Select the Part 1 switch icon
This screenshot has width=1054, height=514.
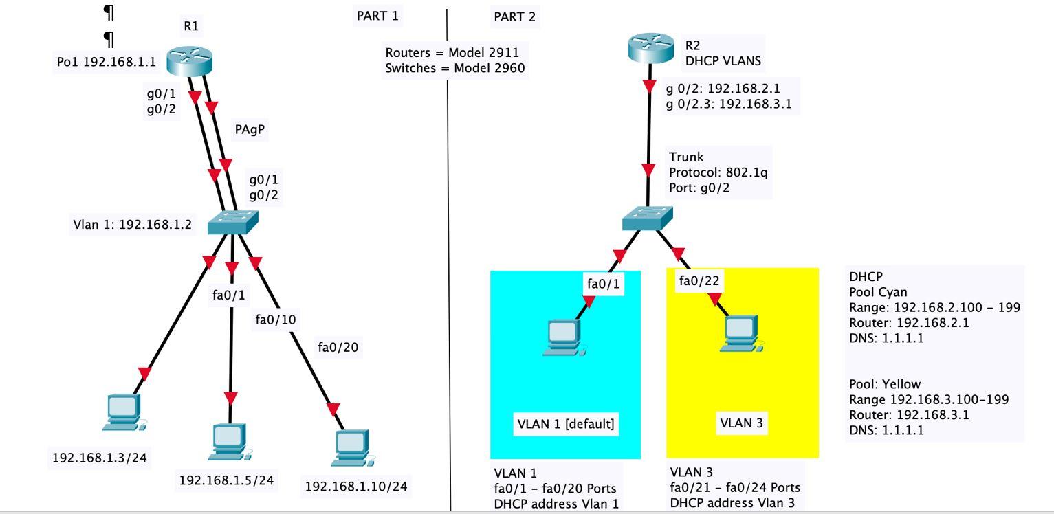[232, 221]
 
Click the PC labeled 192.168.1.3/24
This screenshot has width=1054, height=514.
[124, 413]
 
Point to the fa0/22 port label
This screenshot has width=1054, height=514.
[699, 280]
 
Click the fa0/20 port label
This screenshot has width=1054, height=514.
[338, 348]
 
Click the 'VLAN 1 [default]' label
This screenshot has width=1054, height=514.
[565, 424]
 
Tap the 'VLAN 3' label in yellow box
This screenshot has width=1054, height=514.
[741, 423]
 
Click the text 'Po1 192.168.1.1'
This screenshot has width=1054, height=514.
[107, 63]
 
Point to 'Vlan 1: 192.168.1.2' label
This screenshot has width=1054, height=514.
[133, 225]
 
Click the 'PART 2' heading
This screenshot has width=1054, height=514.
[514, 17]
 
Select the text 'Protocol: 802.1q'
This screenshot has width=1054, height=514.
[718, 172]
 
